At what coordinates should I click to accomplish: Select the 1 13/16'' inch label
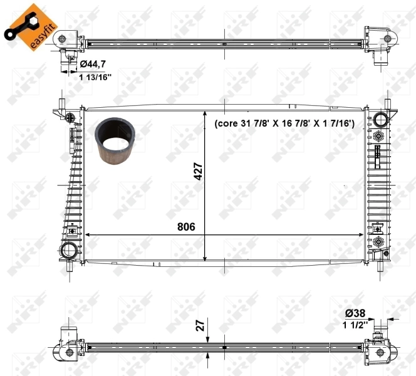tap(95, 77)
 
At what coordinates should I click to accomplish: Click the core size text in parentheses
tap(284, 125)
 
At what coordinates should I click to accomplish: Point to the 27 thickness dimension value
tap(199, 325)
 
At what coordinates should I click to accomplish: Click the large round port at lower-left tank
tap(68, 251)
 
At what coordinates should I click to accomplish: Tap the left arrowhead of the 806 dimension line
tap(88, 235)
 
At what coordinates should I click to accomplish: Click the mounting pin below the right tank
tap(385, 266)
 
